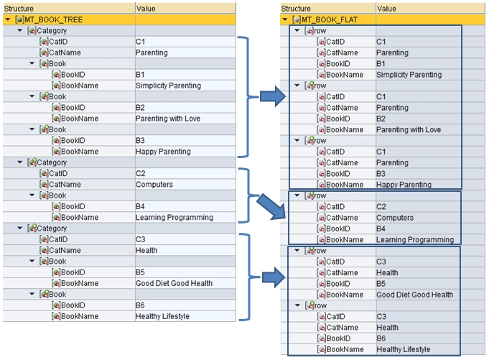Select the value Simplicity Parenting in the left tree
coord(168,86)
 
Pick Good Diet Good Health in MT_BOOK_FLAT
coord(414,295)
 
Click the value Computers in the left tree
coord(154,185)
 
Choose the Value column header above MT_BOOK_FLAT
coord(386,9)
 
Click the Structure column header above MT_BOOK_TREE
coord(19,8)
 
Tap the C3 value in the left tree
coord(141,239)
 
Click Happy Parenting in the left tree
coord(163,152)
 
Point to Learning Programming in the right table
coord(414,240)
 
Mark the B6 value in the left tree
coord(141,305)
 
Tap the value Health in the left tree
coord(146,251)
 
